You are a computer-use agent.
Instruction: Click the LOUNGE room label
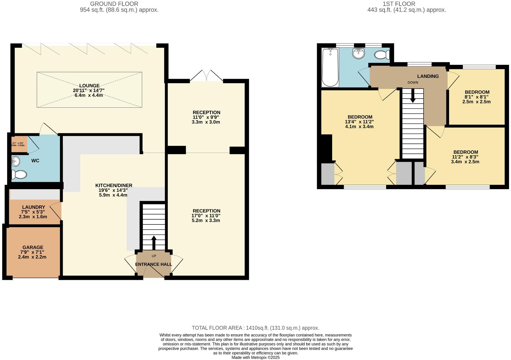pyautogui.click(x=89, y=86)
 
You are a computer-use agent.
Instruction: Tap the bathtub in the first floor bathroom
pyautogui.click(x=330, y=67)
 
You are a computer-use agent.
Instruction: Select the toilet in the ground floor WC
pyautogui.click(x=19, y=174)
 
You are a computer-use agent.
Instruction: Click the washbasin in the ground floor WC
pyautogui.click(x=16, y=161)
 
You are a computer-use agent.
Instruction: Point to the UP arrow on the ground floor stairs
pyautogui.click(x=154, y=242)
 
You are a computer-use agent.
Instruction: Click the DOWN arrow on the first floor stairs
pyautogui.click(x=412, y=96)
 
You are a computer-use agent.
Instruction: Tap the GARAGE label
pyautogui.click(x=33, y=247)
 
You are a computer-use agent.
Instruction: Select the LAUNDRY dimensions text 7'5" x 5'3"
pyautogui.click(x=33, y=212)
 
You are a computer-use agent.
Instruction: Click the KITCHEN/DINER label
pyautogui.click(x=114, y=186)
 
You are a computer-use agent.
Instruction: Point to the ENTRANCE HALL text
pyautogui.click(x=153, y=264)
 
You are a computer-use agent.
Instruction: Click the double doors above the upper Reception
pyautogui.click(x=206, y=76)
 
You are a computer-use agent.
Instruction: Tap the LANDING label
pyautogui.click(x=428, y=76)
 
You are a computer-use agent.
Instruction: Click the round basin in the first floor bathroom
pyautogui.click(x=358, y=53)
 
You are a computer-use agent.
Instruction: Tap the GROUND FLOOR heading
pyautogui.click(x=114, y=4)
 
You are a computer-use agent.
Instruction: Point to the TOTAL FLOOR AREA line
pyautogui.click(x=256, y=328)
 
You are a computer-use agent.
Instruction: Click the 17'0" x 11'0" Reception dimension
pyautogui.click(x=206, y=216)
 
